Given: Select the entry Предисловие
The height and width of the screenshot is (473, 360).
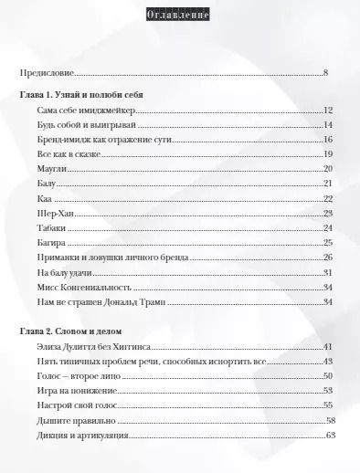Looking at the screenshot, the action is (x=47, y=72).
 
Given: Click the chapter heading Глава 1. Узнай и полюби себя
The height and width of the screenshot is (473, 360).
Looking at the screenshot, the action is (x=80, y=95).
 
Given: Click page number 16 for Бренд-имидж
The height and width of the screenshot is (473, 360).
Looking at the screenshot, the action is (x=326, y=140).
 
